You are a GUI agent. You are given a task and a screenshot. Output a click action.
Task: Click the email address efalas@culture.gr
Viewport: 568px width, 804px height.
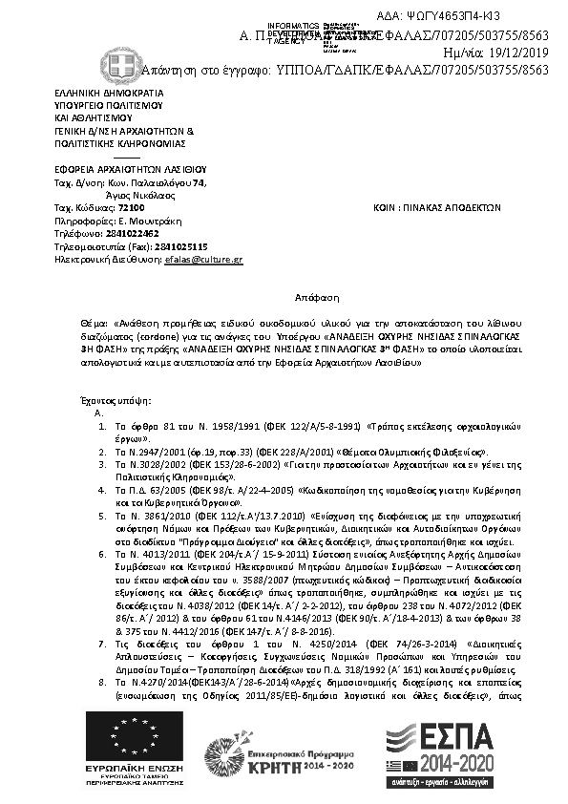203,259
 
